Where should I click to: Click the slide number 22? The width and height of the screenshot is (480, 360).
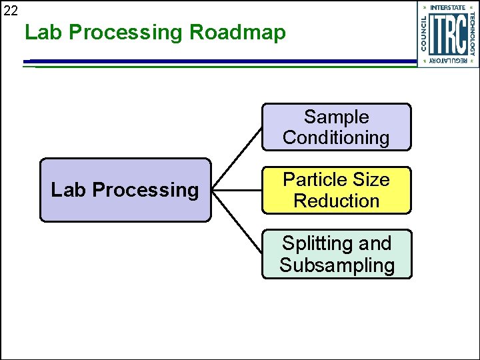pyautogui.click(x=10, y=9)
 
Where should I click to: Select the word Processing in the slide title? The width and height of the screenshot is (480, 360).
pyautogui.click(x=125, y=32)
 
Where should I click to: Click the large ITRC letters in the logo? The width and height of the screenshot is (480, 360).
pyautogui.click(x=447, y=34)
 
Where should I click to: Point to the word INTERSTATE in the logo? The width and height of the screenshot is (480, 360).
pyautogui.click(x=447, y=8)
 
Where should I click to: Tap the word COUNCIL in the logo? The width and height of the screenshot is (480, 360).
pyautogui.click(x=425, y=34)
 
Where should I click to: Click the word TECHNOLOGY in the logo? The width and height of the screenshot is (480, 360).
pyautogui.click(x=471, y=34)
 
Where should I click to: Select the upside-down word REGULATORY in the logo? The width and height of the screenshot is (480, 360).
pyautogui.click(x=447, y=61)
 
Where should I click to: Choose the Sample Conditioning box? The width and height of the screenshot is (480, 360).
pyautogui.click(x=336, y=127)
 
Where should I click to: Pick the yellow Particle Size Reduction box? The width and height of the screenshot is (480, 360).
pyautogui.click(x=336, y=190)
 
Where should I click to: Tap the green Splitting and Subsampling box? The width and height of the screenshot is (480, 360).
pyautogui.click(x=336, y=254)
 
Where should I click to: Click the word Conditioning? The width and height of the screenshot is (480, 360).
pyautogui.click(x=336, y=138)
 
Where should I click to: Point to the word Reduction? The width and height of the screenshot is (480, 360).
pyautogui.click(x=336, y=201)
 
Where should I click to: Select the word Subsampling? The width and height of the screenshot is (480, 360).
pyautogui.click(x=337, y=265)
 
